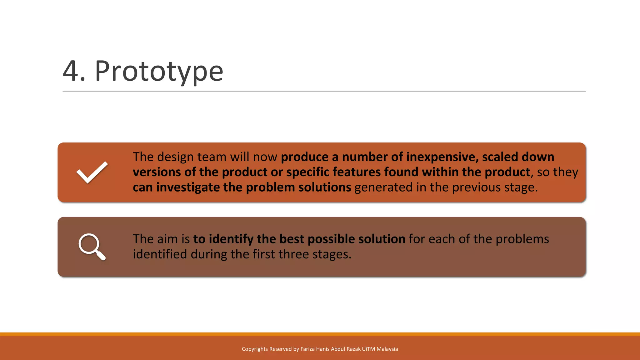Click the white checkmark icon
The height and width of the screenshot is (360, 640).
click(x=92, y=172)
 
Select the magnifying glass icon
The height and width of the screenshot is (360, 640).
click(x=92, y=247)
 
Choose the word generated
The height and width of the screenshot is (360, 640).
click(x=383, y=187)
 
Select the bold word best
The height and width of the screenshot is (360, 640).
click(x=292, y=239)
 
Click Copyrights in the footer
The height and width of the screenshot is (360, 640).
click(x=255, y=349)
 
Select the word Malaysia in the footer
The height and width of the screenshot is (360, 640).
click(x=387, y=349)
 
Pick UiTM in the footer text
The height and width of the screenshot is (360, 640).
click(x=368, y=349)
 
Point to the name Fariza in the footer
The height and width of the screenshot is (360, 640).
click(x=307, y=349)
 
